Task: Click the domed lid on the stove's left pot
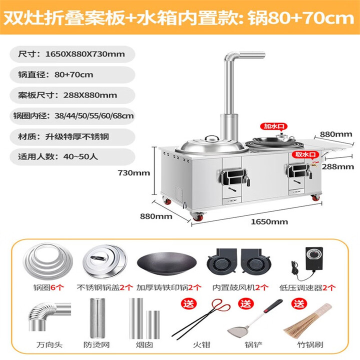[198, 143]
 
